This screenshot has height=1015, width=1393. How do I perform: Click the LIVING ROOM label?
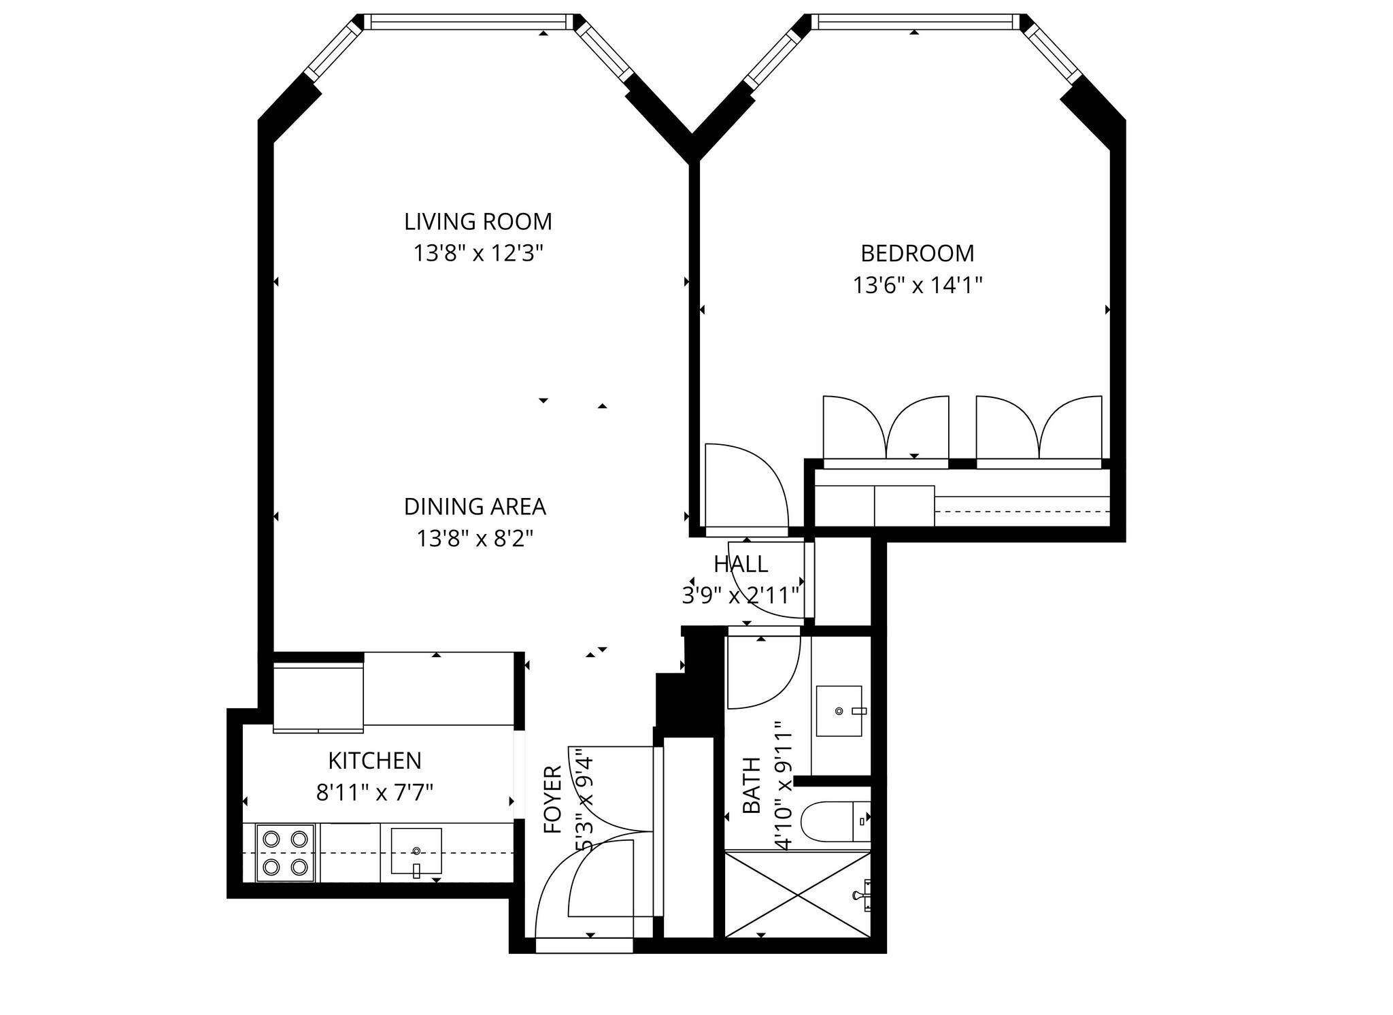click(x=477, y=222)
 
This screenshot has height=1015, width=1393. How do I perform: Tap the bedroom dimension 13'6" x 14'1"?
click(x=918, y=285)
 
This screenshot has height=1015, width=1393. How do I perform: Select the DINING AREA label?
click(x=475, y=507)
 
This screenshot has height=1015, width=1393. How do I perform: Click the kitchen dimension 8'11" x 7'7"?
click(x=375, y=793)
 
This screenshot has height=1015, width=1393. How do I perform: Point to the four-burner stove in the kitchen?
click(x=285, y=853)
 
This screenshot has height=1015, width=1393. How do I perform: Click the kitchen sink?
click(x=416, y=851)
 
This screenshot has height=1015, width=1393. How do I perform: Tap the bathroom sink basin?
click(x=839, y=711)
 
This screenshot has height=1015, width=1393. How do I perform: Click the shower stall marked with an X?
click(x=797, y=895)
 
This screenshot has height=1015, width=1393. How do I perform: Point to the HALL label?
click(x=741, y=564)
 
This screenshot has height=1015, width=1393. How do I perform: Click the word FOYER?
click(x=554, y=799)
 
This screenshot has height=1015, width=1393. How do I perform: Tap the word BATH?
click(x=752, y=786)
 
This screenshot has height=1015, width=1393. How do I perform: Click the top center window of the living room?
click(x=469, y=22)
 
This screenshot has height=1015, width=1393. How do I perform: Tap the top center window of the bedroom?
click(x=916, y=22)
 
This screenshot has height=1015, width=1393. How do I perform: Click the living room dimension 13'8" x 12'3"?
click(x=477, y=254)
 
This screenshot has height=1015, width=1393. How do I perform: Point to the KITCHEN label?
click(x=375, y=760)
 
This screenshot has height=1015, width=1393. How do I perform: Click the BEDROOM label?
click(x=917, y=253)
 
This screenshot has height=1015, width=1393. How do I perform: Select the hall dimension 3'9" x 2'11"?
click(x=740, y=596)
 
